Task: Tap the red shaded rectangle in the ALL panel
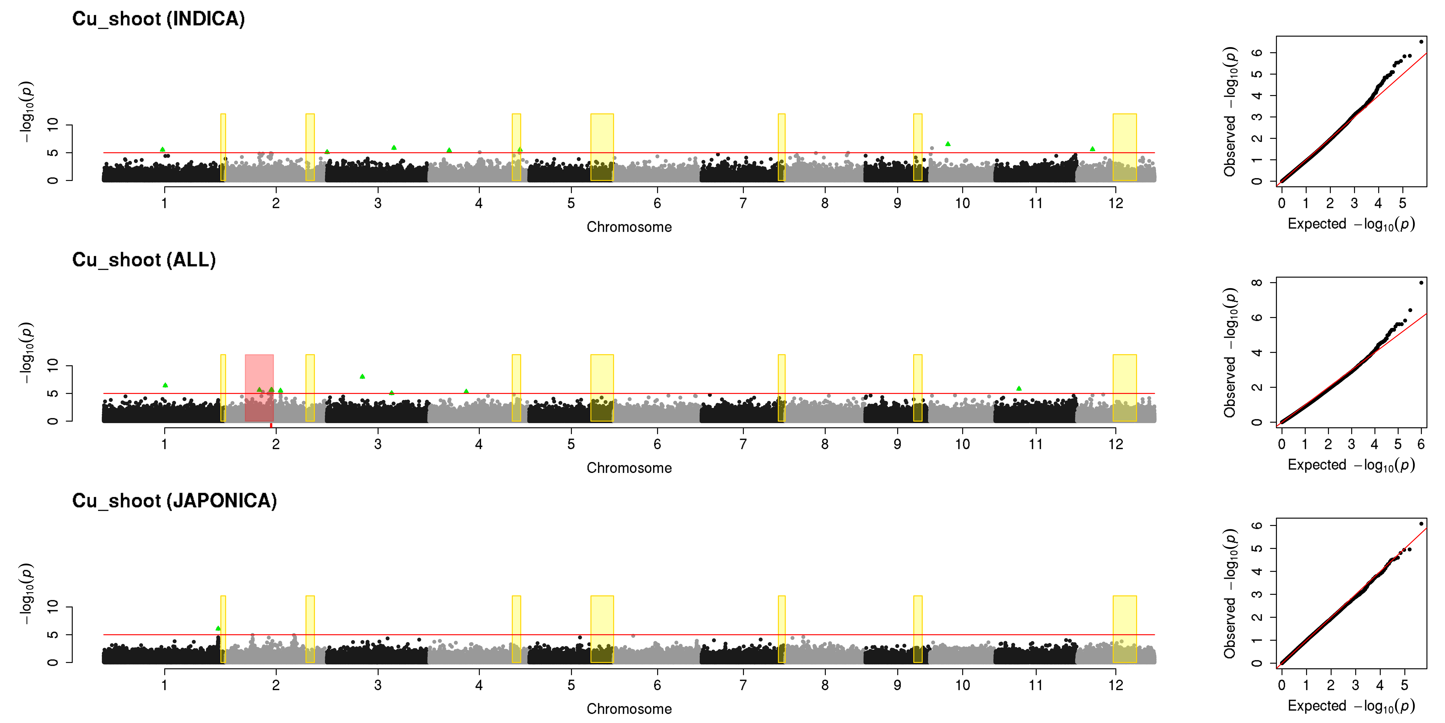(x=259, y=388)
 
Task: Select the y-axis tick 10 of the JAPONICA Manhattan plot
(x=53, y=607)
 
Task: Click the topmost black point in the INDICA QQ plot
(x=1421, y=42)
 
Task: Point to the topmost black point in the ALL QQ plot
(x=1421, y=282)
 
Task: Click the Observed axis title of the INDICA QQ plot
(x=1230, y=112)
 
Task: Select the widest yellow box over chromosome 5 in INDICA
(x=602, y=147)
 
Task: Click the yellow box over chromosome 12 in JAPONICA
(x=1125, y=629)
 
